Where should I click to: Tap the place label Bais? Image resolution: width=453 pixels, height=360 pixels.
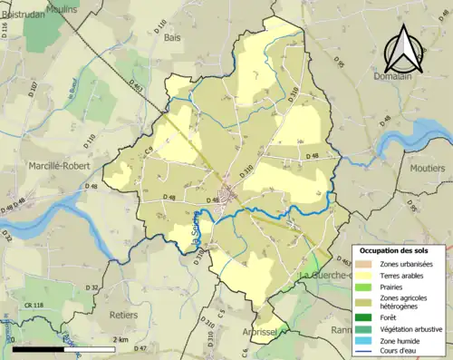[x=172, y=38]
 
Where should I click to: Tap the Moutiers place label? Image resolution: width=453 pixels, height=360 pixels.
[x=428, y=168]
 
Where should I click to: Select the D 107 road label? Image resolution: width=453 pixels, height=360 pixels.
[x=34, y=91]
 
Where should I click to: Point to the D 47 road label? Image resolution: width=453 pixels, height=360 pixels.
[x=140, y=348]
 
